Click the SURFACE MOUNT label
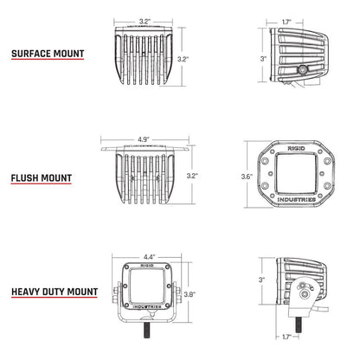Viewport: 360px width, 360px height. [48, 53]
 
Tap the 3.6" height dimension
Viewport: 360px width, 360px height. [247, 177]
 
